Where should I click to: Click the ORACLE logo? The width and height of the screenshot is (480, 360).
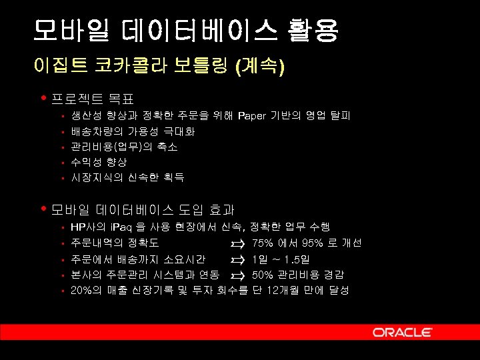[x=403, y=332]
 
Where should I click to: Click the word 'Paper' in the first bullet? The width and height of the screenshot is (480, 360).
[x=251, y=116]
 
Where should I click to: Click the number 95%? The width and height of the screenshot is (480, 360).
[x=313, y=243]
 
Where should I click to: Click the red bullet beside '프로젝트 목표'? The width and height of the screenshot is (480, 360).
[x=43, y=98]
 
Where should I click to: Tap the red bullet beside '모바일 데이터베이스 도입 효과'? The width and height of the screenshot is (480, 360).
[x=43, y=209]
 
